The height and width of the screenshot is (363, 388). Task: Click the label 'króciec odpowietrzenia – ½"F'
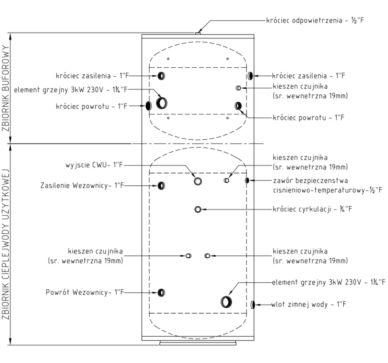tap(315, 20)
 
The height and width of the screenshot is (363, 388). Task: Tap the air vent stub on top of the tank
tap(198, 33)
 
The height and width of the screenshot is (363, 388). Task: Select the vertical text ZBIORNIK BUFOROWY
tap(5, 88)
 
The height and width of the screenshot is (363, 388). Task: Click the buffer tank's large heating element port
tap(162, 103)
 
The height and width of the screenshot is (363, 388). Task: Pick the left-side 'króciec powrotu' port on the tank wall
tap(148, 106)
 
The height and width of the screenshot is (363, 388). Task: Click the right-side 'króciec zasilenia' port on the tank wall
tap(250, 76)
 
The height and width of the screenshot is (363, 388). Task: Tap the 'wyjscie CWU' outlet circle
tap(198, 181)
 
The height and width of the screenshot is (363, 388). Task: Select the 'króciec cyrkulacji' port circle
tap(198, 210)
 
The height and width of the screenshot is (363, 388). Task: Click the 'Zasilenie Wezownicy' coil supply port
tap(161, 185)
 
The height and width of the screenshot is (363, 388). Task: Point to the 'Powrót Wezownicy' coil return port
tap(161, 292)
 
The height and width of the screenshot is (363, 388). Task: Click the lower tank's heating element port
tap(226, 302)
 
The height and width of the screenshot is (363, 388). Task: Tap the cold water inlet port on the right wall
tap(253, 304)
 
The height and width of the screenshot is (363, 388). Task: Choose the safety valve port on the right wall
tap(247, 180)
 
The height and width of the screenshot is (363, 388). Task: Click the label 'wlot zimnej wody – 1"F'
tap(308, 304)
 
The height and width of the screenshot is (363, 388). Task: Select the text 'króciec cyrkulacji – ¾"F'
tap(312, 209)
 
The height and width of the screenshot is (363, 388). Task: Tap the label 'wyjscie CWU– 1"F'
tap(94, 165)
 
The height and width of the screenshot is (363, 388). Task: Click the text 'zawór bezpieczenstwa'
tap(310, 180)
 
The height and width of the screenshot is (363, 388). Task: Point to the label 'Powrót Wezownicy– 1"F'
tap(84, 292)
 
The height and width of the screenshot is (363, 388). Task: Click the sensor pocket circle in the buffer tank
tap(238, 88)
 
